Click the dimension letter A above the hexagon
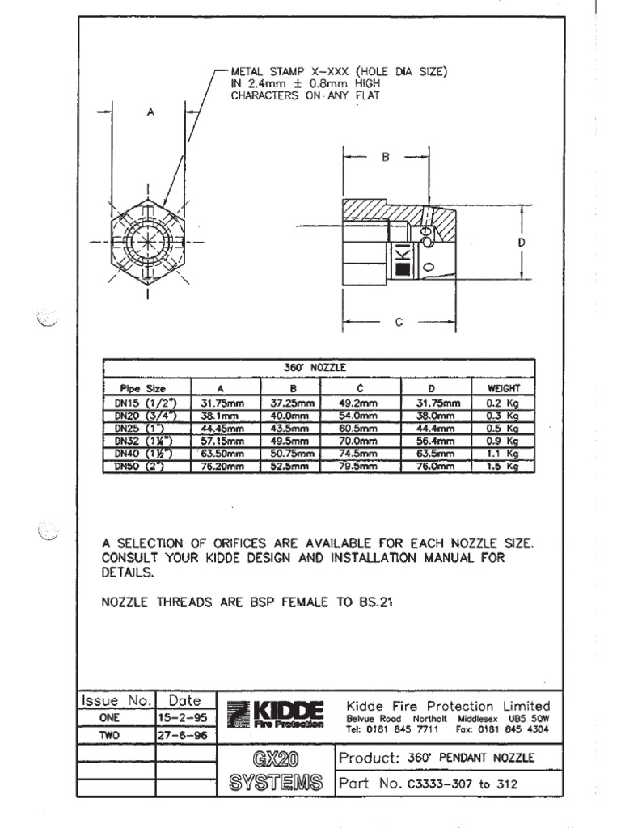click(150, 114)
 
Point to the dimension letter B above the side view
click(386, 158)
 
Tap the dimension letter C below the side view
click(399, 322)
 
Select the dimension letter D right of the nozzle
click(522, 241)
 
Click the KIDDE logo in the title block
click(277, 714)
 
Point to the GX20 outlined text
click(277, 760)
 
